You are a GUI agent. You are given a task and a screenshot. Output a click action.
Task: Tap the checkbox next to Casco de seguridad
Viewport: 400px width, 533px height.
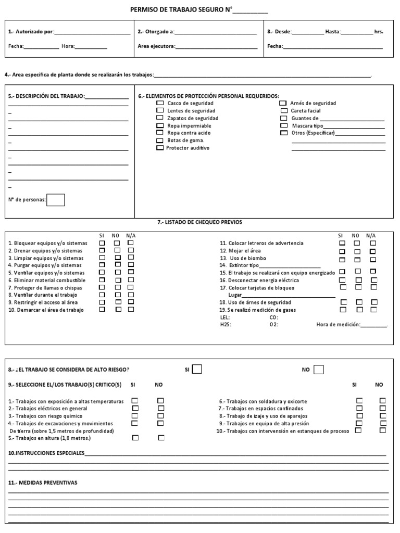pos(160,103)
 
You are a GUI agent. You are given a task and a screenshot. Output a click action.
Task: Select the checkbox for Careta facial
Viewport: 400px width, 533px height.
pos(284,111)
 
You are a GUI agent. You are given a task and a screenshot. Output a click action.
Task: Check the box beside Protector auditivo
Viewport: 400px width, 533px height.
pos(160,148)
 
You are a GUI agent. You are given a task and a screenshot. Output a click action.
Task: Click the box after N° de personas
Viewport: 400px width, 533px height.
pos(56,200)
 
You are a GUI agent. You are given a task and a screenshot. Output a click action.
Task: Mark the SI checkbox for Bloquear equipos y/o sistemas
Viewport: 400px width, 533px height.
pos(102,243)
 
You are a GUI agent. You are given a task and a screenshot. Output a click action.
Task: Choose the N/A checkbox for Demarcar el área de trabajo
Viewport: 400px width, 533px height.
pos(131,309)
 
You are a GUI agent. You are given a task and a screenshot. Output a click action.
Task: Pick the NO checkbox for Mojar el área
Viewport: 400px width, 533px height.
pos(357,251)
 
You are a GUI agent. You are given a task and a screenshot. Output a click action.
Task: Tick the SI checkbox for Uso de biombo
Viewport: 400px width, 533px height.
pos(342,259)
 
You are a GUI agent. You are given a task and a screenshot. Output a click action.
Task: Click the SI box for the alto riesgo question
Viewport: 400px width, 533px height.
pos(197,369)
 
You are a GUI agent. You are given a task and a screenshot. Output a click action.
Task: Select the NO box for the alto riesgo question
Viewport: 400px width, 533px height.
pos(318,369)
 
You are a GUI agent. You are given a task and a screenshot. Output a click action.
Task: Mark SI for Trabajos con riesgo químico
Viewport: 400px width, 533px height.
pos(135,416)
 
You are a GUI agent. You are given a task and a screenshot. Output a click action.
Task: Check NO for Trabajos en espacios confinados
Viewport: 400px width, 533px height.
pos(383,408)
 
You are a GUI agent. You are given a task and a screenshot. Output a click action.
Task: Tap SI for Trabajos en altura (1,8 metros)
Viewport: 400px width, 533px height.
pos(135,438)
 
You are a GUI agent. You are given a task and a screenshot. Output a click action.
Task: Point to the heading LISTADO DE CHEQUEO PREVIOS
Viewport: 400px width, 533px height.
pos(199,222)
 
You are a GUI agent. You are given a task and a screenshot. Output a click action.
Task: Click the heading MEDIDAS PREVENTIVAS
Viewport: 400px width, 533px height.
pos(43,483)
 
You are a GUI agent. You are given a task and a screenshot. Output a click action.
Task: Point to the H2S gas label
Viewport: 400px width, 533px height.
pos(226,324)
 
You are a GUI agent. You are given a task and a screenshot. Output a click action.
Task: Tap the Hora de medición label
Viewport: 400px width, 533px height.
pos(338,324)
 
